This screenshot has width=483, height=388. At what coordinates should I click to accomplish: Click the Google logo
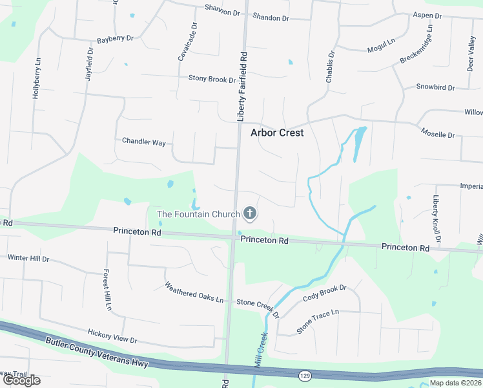point(21,380)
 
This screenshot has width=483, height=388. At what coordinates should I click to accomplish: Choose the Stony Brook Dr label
point(212,79)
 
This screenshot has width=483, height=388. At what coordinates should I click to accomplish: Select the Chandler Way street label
point(144,141)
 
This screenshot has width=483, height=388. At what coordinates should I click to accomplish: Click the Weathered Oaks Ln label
point(193,293)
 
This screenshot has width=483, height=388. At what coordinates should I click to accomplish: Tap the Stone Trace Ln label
point(318,321)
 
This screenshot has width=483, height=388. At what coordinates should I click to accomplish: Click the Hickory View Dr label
point(113,334)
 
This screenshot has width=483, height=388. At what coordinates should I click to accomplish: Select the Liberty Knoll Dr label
point(437,220)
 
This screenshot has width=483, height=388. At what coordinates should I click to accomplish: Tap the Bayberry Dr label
point(115,39)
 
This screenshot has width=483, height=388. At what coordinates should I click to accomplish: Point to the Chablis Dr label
point(329,66)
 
